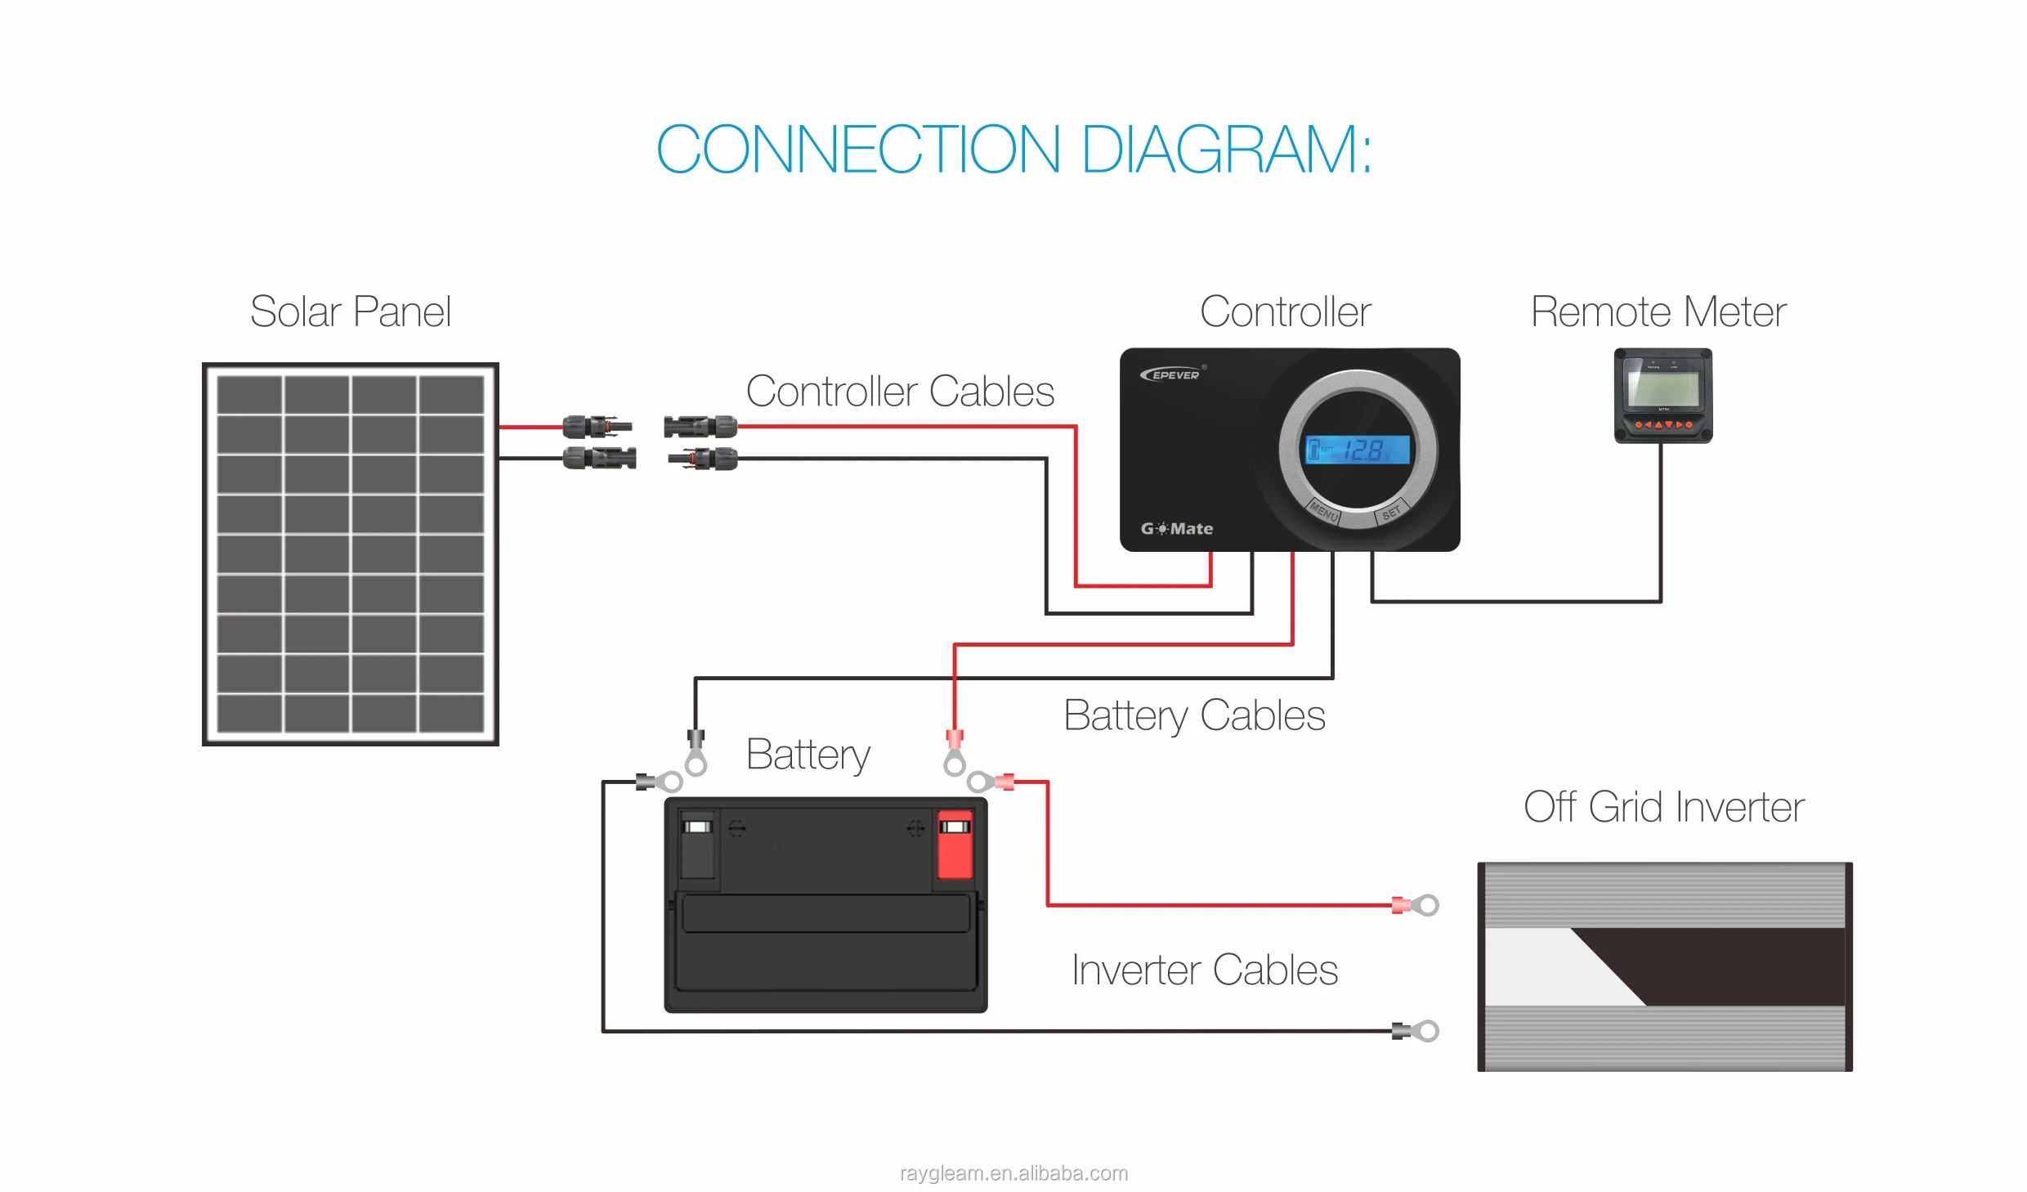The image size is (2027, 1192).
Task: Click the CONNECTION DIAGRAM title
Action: tap(1013, 150)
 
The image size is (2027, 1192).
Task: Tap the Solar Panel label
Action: tap(350, 311)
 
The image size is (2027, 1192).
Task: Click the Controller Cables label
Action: tap(900, 391)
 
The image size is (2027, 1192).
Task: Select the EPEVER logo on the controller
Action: tap(1171, 374)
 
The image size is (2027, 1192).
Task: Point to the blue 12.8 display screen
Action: tap(1358, 450)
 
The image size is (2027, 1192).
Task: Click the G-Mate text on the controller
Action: tap(1177, 529)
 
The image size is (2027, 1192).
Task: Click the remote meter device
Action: tap(1662, 396)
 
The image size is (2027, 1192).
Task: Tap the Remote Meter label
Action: tap(1658, 311)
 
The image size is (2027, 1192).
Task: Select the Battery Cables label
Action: tap(1193, 715)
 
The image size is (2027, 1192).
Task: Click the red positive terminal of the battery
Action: tap(954, 845)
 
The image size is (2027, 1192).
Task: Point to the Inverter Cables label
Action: tap(1204, 970)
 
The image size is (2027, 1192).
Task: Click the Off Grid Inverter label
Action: tap(1663, 807)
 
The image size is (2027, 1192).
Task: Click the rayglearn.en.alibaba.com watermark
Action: tap(1013, 1173)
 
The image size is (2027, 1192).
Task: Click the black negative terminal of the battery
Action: tap(697, 845)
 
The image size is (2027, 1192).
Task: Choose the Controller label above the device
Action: tap(1285, 311)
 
